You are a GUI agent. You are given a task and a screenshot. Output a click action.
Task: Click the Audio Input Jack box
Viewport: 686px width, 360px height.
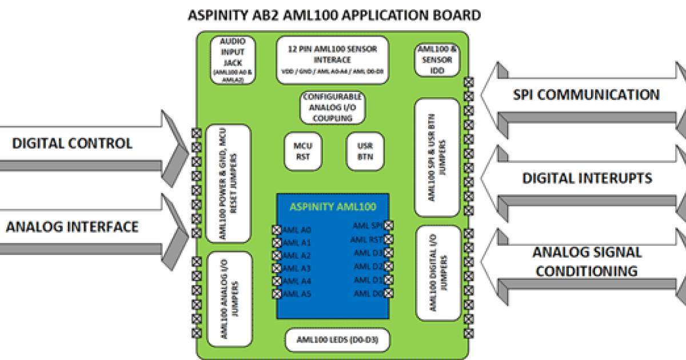[x=228, y=60]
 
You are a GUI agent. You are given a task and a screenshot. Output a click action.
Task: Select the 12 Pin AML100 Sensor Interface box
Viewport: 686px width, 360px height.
[x=332, y=60]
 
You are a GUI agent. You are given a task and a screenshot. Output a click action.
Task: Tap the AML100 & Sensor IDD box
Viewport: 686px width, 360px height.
[x=437, y=60]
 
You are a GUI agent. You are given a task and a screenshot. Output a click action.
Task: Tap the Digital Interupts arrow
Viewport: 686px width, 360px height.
[x=583, y=179]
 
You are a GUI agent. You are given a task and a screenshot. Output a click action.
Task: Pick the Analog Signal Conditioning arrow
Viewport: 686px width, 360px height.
[x=583, y=261]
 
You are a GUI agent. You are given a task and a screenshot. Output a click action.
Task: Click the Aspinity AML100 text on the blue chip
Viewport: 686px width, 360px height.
[x=333, y=207]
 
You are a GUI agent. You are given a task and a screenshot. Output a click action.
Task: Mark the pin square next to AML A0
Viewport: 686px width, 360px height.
[x=277, y=230]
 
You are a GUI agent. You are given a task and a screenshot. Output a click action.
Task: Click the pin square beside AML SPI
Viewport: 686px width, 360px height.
[x=389, y=226]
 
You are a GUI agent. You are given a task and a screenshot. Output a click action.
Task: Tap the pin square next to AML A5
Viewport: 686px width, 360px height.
[x=277, y=294]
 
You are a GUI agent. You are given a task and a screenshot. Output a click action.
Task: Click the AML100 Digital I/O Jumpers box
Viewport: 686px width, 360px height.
[x=438, y=273]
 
